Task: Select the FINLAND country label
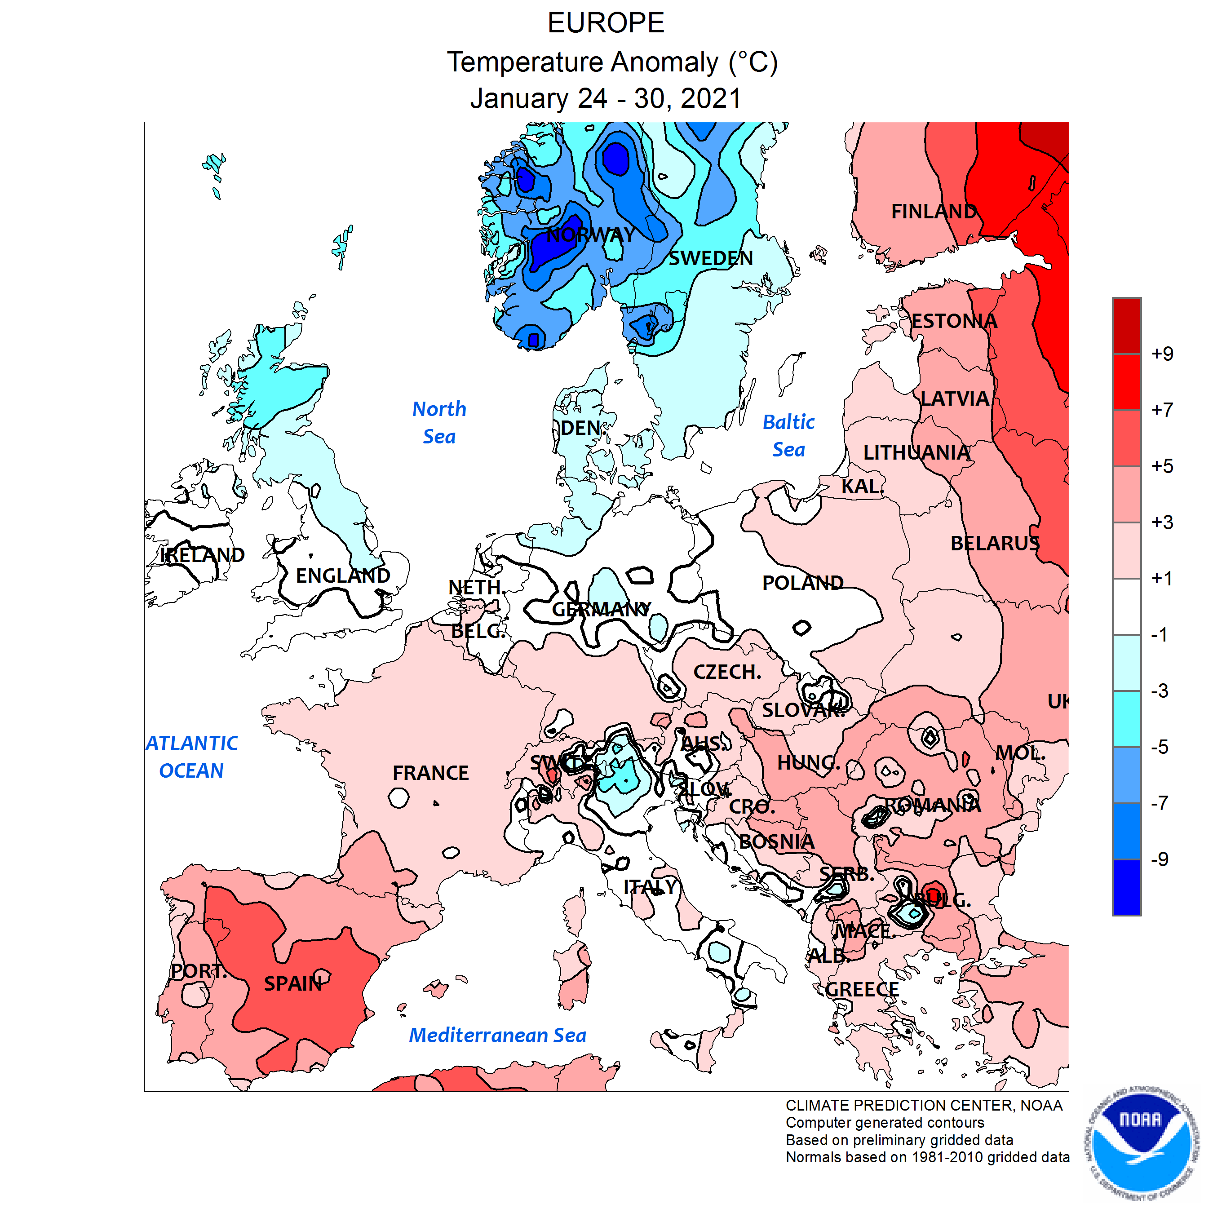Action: [934, 212]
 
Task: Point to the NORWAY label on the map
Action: [590, 235]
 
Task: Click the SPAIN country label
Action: [292, 983]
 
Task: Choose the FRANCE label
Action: [431, 773]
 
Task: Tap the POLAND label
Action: [802, 583]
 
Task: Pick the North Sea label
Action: [439, 423]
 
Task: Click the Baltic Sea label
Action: [788, 436]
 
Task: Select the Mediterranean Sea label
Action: [497, 1036]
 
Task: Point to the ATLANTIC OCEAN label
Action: [191, 757]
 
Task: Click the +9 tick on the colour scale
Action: [1161, 354]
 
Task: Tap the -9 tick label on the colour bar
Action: [1159, 859]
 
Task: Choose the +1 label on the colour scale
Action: [1161, 578]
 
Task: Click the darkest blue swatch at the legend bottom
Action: [1126, 887]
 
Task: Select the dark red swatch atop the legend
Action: [1126, 326]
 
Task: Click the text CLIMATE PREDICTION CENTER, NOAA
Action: [924, 1106]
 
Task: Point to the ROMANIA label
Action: [932, 805]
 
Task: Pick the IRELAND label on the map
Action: [202, 555]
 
